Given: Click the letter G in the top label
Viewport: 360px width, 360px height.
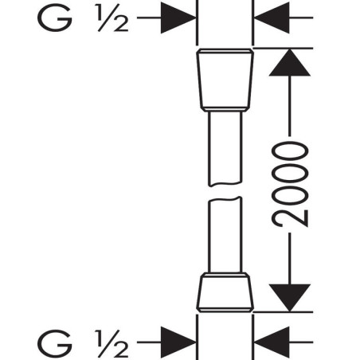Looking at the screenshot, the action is coord(55,18).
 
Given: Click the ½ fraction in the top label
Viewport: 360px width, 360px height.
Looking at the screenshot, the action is coord(113,18).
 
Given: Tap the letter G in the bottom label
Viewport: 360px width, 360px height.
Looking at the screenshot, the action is coord(55,343).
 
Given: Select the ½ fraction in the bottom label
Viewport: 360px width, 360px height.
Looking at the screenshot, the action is coord(113,343).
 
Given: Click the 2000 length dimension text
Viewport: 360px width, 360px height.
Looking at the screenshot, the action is coord(290,185).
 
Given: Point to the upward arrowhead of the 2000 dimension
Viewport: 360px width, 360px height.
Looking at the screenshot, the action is coord(290,63).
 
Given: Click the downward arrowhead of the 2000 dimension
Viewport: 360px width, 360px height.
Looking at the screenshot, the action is coord(290,297).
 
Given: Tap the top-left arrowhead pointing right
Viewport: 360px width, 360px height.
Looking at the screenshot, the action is coord(178,18).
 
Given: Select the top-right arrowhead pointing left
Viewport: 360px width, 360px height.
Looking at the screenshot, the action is coord(272,18).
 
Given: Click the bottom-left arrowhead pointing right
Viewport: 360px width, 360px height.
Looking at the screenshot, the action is coord(178,342).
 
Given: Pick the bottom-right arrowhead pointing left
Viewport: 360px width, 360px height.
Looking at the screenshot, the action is coord(272,342).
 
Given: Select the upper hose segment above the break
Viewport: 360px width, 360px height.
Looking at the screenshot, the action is coord(225,149).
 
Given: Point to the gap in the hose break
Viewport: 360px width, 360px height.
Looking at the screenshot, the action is coord(225,192).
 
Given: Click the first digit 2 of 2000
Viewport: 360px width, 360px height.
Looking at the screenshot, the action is coord(290,218).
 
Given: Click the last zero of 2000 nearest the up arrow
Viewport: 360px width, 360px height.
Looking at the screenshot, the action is coord(290,151).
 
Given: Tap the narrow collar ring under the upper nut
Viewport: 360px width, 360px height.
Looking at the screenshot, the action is coord(225,109).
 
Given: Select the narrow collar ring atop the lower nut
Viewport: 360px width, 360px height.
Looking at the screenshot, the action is coord(225,275).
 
